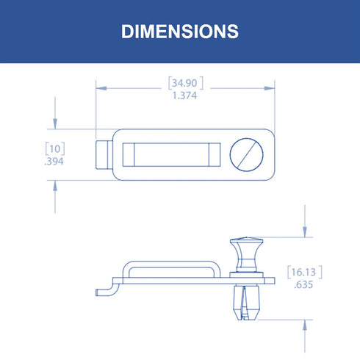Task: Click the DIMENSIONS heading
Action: click(x=180, y=32)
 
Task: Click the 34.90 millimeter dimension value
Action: click(x=184, y=83)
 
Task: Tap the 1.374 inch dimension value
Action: click(x=184, y=96)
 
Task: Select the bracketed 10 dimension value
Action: click(x=55, y=148)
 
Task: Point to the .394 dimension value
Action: click(x=54, y=162)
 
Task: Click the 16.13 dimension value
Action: click(x=303, y=272)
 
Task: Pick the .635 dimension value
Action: click(x=303, y=285)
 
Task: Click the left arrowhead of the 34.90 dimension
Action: click(x=101, y=88)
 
